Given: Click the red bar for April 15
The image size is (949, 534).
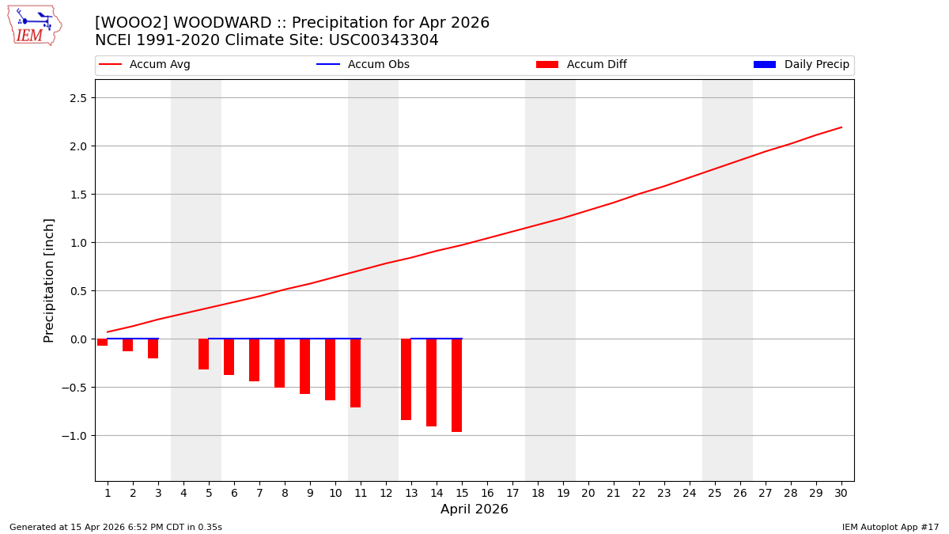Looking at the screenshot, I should (456, 385).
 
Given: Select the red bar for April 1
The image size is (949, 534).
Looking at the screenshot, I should (103, 343).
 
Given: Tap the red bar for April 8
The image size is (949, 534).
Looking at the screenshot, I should (279, 363).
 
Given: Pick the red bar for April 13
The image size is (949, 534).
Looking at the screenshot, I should (406, 380).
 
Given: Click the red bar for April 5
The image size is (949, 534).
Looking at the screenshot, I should (203, 354).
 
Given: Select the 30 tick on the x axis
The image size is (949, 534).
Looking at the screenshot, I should (841, 493).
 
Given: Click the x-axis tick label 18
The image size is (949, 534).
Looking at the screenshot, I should (538, 493).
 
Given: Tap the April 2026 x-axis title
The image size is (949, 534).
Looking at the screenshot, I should (475, 509).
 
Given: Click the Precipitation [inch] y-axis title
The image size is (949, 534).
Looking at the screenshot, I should (49, 280).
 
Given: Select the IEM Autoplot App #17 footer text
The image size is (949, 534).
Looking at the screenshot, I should (890, 527).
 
